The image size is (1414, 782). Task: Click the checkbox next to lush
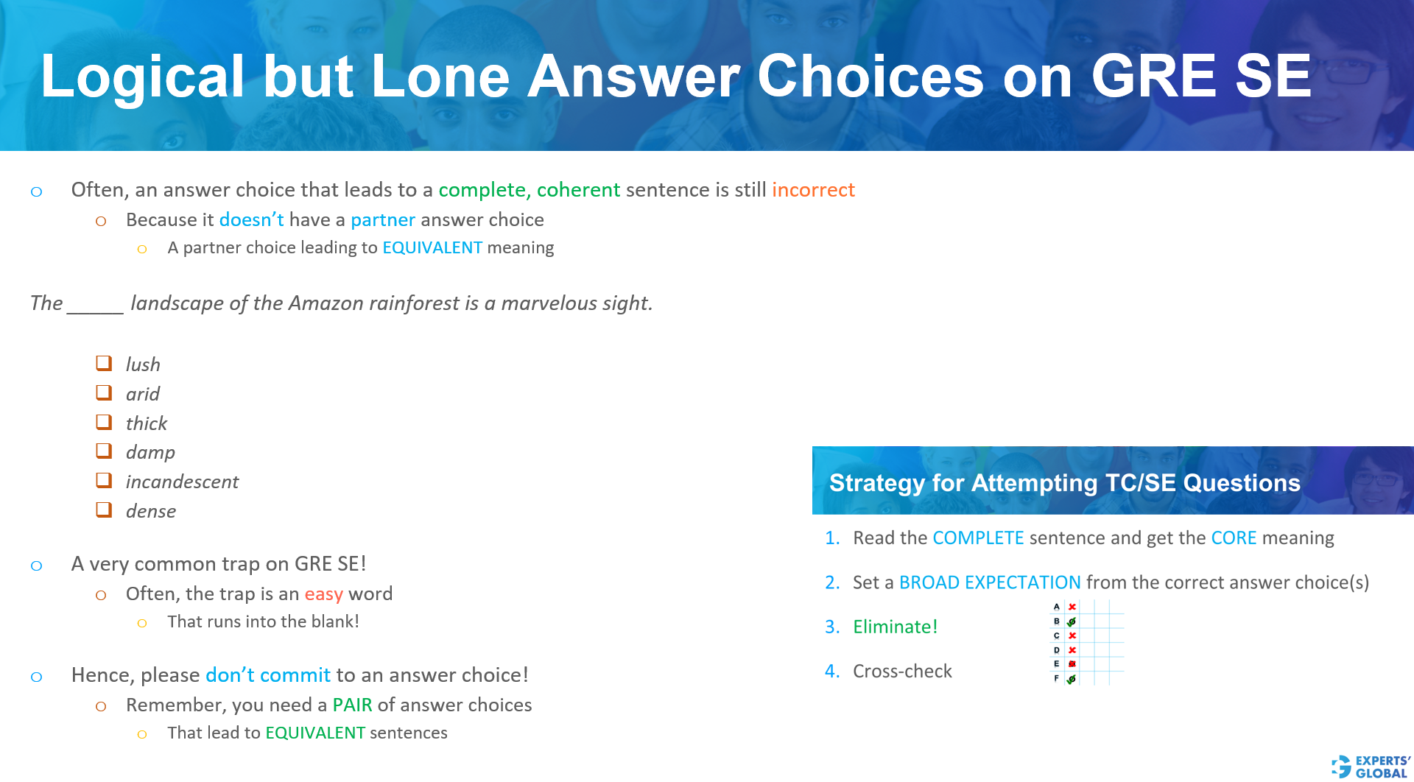(x=104, y=363)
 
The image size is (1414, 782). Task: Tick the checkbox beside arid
(x=104, y=392)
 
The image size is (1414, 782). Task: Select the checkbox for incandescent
(x=104, y=480)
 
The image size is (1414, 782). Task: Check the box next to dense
(x=104, y=510)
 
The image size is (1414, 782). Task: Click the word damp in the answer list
(x=150, y=452)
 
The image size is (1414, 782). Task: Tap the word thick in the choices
(x=146, y=423)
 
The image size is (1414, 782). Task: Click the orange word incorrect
(x=813, y=190)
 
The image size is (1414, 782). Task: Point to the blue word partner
(x=382, y=220)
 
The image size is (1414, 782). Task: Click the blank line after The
(x=95, y=305)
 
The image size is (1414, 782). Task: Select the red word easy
(x=323, y=594)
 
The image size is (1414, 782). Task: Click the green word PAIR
(x=352, y=705)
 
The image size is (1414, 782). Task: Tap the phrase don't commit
(x=267, y=675)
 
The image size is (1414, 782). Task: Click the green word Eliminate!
(x=895, y=627)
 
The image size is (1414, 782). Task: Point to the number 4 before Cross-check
(x=831, y=672)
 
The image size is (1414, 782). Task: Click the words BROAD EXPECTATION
(x=989, y=582)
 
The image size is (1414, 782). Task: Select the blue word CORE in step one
(x=1234, y=538)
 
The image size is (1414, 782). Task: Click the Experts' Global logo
(x=1371, y=766)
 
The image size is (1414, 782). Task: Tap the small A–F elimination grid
(x=1086, y=643)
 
